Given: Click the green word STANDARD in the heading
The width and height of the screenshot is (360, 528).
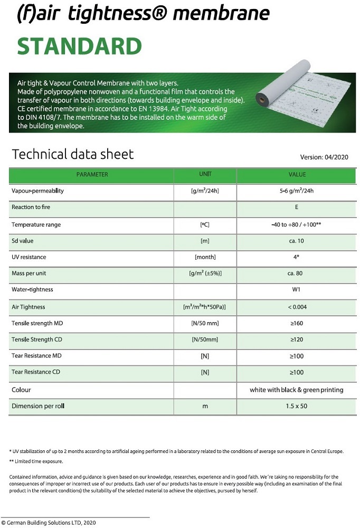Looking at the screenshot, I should (80, 46).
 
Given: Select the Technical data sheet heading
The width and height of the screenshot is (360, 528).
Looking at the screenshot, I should (73, 154).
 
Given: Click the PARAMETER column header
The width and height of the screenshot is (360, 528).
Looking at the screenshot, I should (92, 174).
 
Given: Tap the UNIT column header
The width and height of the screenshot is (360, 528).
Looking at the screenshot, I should (205, 174).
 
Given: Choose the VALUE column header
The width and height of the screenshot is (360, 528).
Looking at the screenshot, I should (297, 174).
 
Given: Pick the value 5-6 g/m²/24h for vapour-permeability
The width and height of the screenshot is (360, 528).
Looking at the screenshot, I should (297, 191).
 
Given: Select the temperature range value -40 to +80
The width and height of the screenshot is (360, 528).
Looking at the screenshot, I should (296, 224).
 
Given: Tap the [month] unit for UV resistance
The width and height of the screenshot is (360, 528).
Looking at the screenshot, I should (205, 257).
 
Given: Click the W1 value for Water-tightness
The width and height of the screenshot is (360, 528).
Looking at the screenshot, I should (297, 290).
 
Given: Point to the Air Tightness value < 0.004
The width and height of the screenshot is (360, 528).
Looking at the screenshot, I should (297, 307).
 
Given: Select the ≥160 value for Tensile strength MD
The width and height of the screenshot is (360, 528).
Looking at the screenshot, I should (297, 323).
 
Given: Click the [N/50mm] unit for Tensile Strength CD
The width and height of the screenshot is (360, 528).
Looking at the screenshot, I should (205, 340).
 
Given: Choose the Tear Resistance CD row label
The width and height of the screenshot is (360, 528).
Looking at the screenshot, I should (35, 372).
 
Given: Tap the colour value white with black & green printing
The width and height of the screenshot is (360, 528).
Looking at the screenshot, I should (297, 390).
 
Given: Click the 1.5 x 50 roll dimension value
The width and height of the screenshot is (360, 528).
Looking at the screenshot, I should (297, 406).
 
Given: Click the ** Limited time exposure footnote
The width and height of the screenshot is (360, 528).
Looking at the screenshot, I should (36, 461).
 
